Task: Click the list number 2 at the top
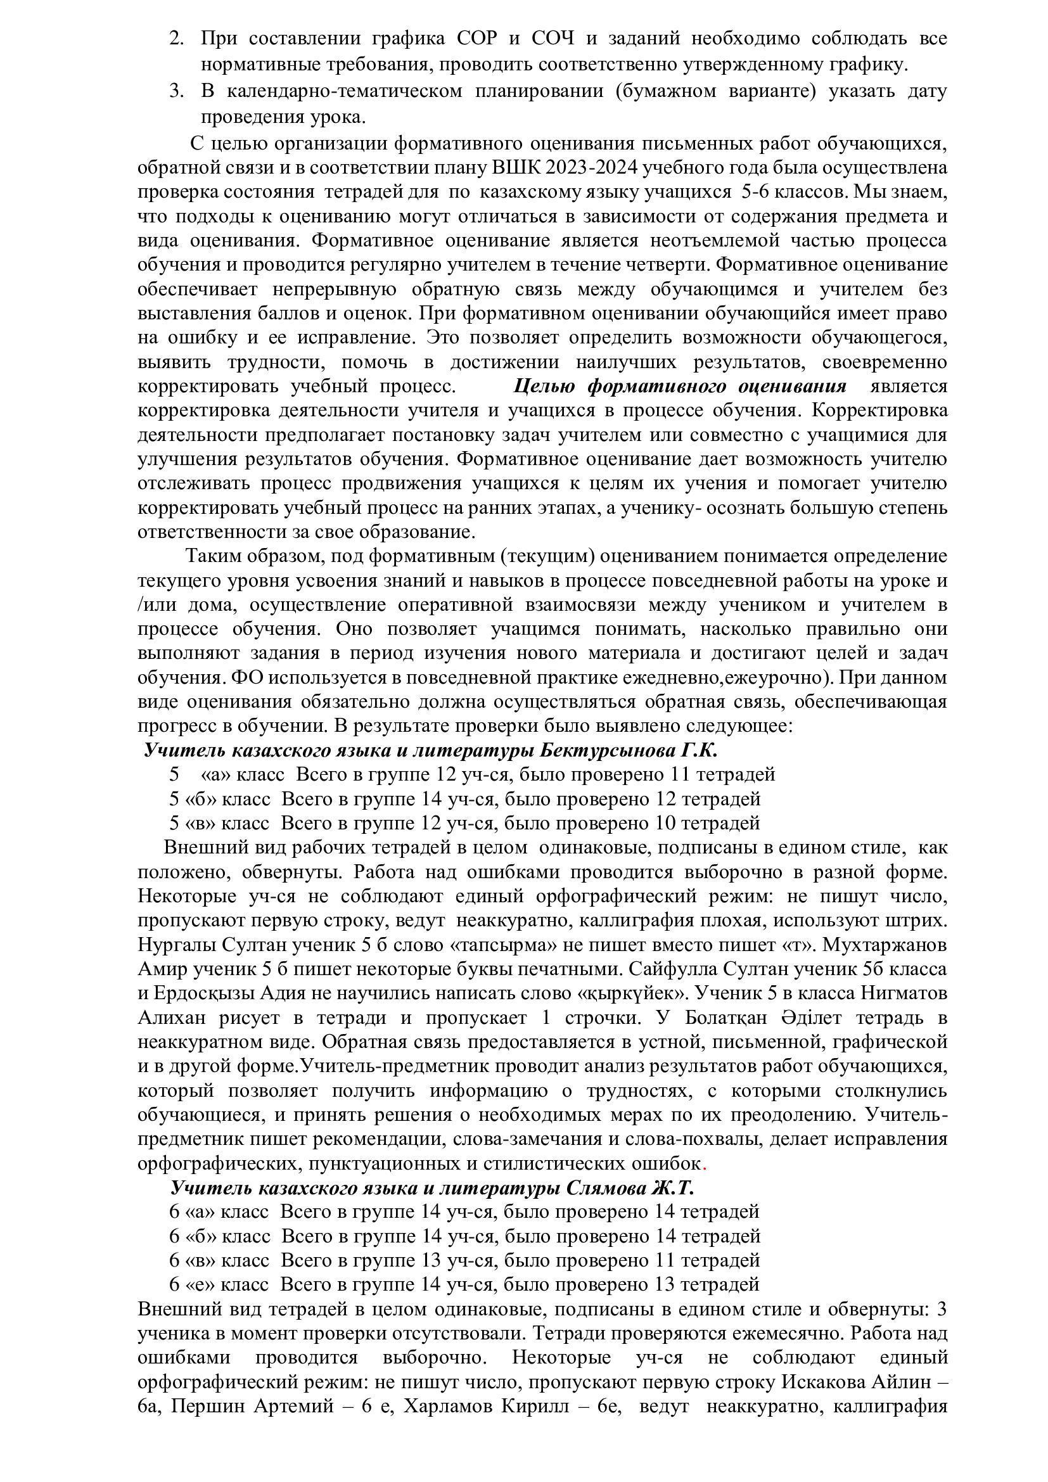click(x=176, y=39)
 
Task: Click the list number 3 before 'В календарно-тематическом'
click(x=176, y=91)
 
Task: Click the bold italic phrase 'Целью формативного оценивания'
click(x=679, y=386)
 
